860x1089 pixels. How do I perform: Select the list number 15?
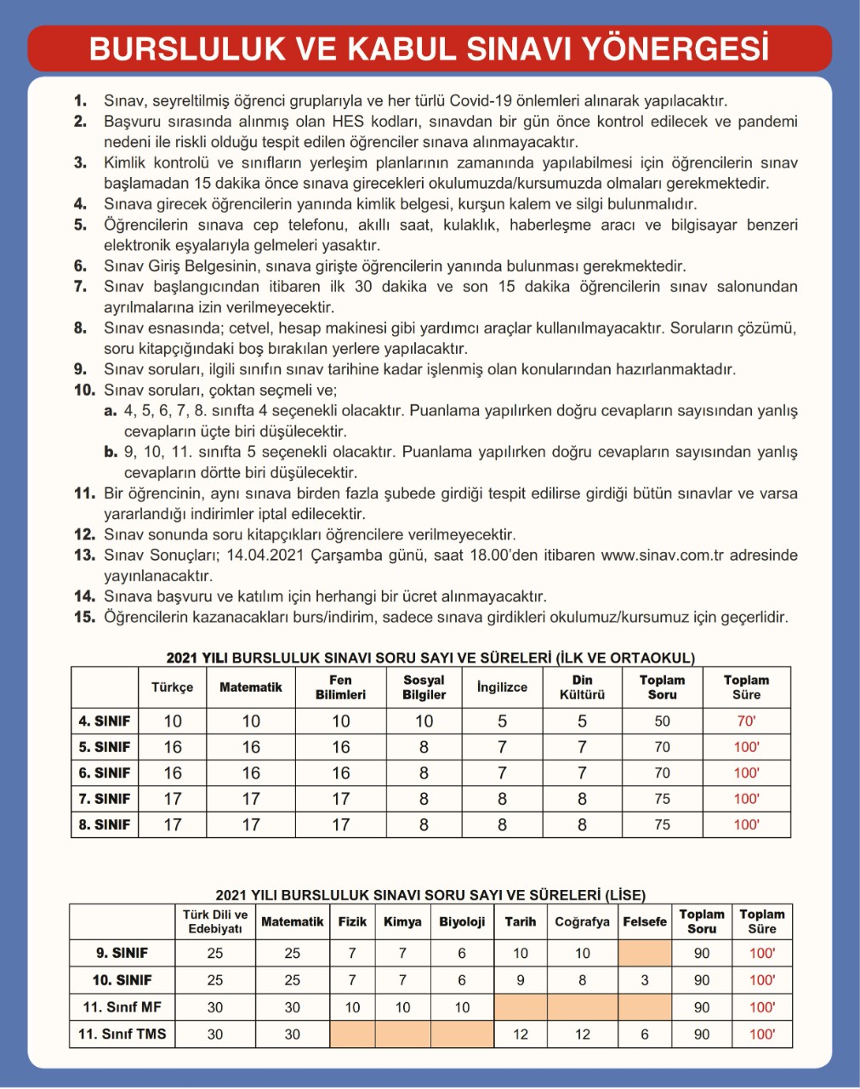(84, 618)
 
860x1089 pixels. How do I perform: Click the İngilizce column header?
(502, 687)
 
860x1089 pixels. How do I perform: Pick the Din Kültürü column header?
(582, 687)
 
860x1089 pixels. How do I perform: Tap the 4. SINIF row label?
(105, 721)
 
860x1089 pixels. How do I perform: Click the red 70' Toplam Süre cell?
(746, 721)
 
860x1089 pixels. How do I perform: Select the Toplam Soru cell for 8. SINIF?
(662, 824)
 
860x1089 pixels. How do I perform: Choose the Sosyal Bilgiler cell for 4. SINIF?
(424, 721)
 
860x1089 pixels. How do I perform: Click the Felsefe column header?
(645, 921)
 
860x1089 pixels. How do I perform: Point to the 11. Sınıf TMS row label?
(122, 1035)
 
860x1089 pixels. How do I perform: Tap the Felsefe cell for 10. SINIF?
(645, 980)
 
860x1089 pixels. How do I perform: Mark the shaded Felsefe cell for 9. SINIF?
(645, 953)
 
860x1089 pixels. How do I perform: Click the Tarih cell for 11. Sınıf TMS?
(521, 1035)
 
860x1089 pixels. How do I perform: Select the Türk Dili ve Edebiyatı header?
(215, 921)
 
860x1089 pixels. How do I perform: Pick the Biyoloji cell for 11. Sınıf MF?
(462, 1007)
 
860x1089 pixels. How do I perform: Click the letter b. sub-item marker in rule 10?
(111, 452)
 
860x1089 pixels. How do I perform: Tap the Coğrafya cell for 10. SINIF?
(582, 980)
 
